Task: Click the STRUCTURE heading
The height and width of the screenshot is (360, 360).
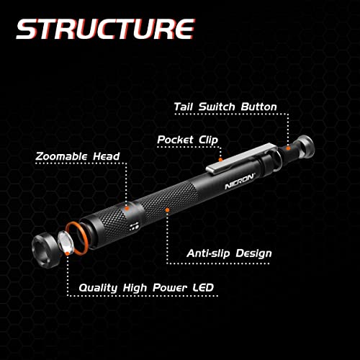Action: (105, 30)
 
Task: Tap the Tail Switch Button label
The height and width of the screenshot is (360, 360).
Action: (225, 107)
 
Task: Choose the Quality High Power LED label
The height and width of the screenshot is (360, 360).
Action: (146, 287)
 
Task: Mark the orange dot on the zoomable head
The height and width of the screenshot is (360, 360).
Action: (125, 207)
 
